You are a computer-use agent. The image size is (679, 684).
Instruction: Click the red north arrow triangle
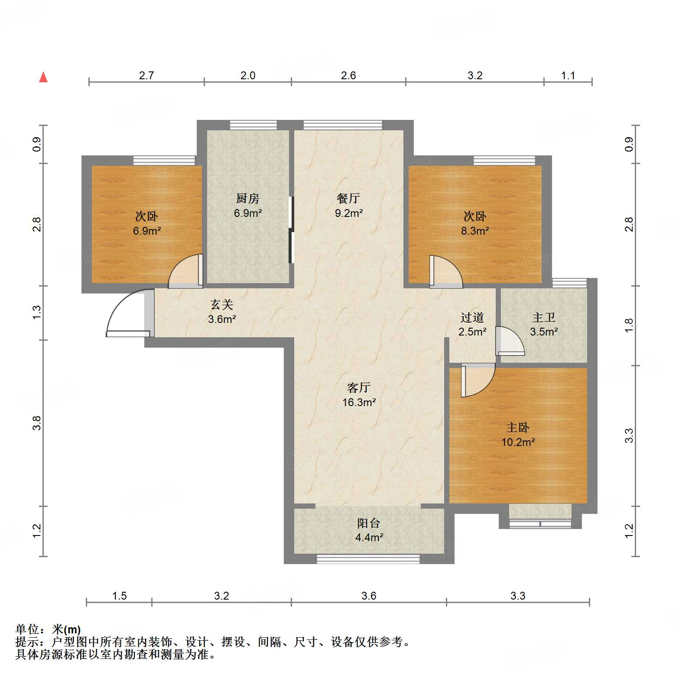click(x=43, y=77)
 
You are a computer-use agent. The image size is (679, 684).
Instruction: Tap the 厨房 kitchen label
click(x=248, y=205)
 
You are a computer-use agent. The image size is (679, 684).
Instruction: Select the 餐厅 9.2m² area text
click(x=348, y=205)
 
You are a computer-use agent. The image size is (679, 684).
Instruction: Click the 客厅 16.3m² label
click(x=359, y=394)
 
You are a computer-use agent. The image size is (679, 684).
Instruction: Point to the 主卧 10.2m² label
click(x=518, y=435)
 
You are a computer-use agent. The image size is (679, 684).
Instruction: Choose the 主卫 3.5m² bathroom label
click(x=544, y=325)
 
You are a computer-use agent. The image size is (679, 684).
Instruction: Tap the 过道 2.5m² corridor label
click(x=472, y=325)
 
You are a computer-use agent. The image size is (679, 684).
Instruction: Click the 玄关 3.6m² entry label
click(x=222, y=312)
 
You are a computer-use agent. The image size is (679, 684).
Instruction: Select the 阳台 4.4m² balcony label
click(x=369, y=530)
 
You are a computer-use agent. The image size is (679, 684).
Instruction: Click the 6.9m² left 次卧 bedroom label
click(x=146, y=223)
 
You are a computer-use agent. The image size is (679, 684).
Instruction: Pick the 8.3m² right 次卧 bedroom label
click(x=475, y=223)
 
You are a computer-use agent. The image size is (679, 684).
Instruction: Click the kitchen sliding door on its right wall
click(x=291, y=230)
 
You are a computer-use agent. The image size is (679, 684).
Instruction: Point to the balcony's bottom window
click(x=368, y=559)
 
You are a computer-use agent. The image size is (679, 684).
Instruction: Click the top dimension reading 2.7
click(x=146, y=75)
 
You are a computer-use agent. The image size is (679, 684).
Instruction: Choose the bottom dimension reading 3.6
click(x=369, y=596)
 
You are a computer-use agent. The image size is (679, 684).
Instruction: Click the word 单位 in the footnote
click(x=27, y=629)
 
